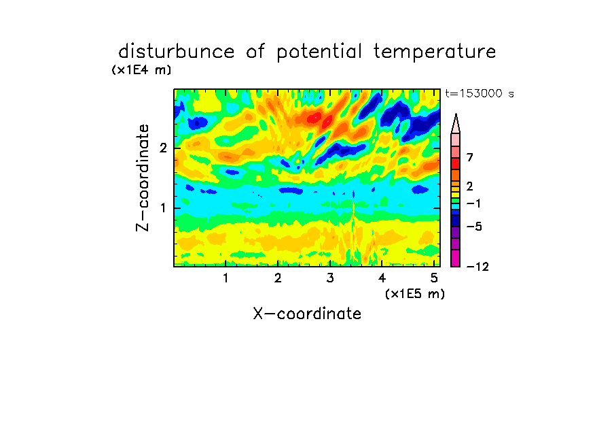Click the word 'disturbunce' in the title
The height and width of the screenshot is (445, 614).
177,51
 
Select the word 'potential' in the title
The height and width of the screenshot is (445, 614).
319,52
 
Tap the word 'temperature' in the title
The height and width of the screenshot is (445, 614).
435,52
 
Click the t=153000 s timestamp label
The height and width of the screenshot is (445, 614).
480,93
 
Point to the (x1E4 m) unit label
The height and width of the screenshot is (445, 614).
141,70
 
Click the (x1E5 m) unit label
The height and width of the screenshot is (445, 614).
415,293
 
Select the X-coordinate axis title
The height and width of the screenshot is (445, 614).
307,314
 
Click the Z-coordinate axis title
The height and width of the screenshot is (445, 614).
143,178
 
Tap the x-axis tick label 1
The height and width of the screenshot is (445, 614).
225,278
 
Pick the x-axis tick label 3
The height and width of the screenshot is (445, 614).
330,278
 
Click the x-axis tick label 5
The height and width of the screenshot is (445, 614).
434,278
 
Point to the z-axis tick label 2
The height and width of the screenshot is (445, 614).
163,148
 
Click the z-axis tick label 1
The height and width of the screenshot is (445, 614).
163,208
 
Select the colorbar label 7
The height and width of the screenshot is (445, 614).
470,157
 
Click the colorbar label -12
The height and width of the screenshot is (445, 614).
477,267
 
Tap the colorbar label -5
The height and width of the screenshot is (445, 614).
474,227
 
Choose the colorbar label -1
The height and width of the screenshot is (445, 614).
473,203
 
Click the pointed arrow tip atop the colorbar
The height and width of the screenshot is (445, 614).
456,114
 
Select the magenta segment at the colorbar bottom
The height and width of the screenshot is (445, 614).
456,258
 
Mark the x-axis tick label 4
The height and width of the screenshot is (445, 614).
382,278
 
